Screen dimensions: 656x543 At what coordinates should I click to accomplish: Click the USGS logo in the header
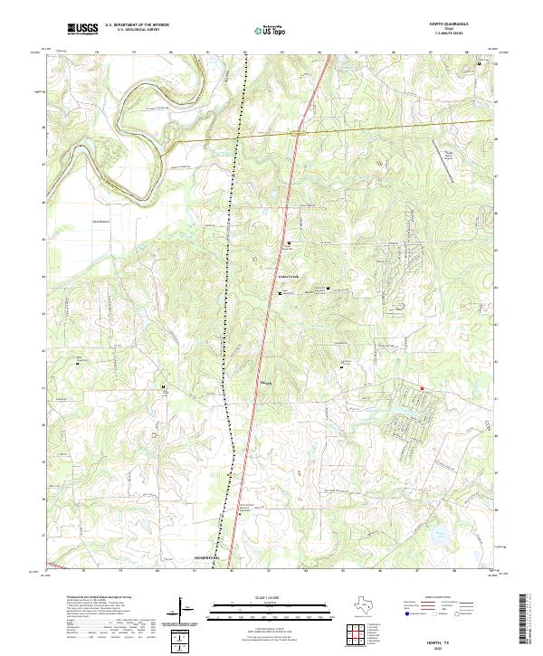[83, 29]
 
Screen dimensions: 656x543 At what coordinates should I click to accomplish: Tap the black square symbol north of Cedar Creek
[290, 244]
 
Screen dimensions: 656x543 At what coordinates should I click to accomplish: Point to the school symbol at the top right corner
[492, 63]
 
